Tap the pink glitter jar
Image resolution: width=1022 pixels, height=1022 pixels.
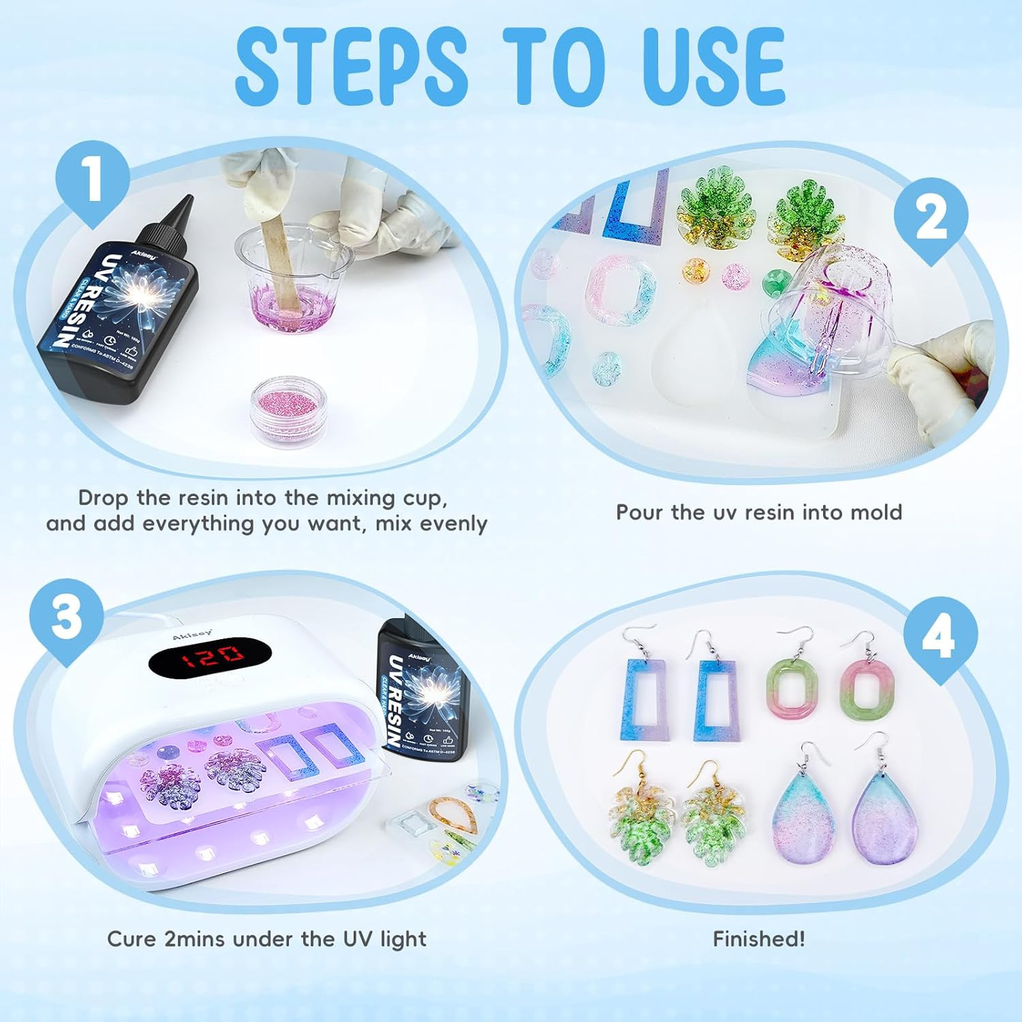pyautogui.click(x=290, y=407)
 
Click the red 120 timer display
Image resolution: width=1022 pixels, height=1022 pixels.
pyautogui.click(x=210, y=654)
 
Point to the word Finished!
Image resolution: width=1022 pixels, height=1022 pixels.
pyautogui.click(x=758, y=939)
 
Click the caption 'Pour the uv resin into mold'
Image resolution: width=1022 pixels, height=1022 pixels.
pyautogui.click(x=758, y=512)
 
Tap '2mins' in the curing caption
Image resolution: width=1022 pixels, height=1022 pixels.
pyautogui.click(x=196, y=939)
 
